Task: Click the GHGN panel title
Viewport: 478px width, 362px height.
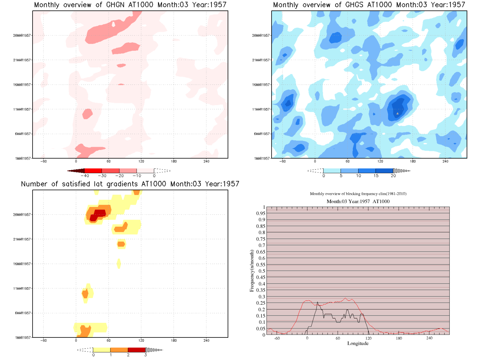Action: [130, 5]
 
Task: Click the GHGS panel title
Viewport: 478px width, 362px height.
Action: [369, 5]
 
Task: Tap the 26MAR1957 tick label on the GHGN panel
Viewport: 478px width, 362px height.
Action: [22, 36]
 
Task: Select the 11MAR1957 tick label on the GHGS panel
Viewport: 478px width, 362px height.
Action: [261, 109]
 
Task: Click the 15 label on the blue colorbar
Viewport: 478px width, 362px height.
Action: [376, 176]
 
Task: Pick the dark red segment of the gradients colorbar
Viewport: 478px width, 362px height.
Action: [136, 350]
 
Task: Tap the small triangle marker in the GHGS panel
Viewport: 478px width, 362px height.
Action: [397, 113]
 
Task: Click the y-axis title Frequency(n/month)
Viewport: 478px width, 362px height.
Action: [252, 271]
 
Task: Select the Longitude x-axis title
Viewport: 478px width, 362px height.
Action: [358, 343]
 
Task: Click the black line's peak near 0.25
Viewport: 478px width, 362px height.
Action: [317, 302]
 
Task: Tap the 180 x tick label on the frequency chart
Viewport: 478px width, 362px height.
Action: [399, 338]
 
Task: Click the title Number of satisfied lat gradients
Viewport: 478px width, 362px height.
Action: [130, 184]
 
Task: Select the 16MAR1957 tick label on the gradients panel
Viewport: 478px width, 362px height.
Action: [22, 264]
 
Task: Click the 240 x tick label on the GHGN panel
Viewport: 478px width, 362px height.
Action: [206, 161]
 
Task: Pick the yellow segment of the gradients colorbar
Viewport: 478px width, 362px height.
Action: [102, 350]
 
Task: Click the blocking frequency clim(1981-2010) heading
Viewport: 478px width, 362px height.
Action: [358, 194]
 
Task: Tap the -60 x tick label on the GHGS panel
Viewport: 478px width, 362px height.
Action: [282, 161]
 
